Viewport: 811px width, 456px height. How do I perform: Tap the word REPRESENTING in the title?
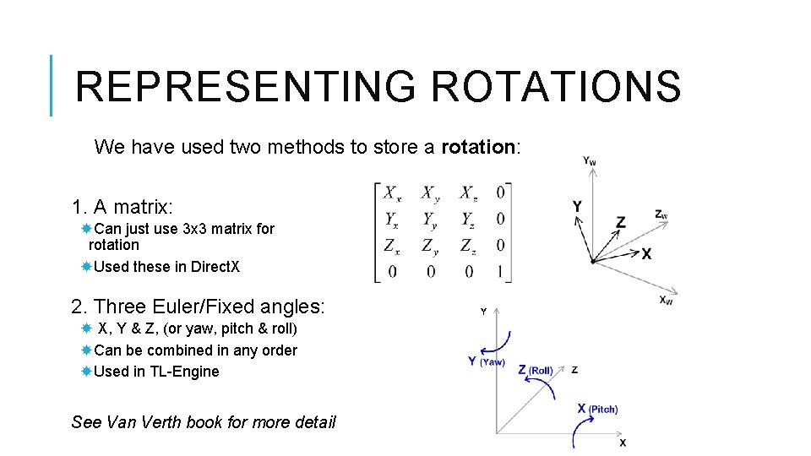pyautogui.click(x=245, y=86)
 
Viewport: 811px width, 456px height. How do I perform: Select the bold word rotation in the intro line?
pyautogui.click(x=477, y=147)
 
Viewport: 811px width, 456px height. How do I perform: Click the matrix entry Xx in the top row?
pyautogui.click(x=392, y=193)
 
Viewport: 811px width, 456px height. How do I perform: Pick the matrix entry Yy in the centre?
pyautogui.click(x=431, y=220)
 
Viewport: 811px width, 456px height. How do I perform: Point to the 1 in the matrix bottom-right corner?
pyautogui.click(x=501, y=272)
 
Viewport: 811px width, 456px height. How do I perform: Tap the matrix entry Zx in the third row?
pyautogui.click(x=392, y=246)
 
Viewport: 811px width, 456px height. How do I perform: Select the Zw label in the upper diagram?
pyautogui.click(x=661, y=214)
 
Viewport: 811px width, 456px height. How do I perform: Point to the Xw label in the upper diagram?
pyautogui.click(x=667, y=300)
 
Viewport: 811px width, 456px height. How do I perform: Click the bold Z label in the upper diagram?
pyautogui.click(x=621, y=222)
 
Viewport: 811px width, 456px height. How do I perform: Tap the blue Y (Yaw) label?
pyautogui.click(x=486, y=361)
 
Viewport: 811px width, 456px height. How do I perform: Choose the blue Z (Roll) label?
pyautogui.click(x=535, y=370)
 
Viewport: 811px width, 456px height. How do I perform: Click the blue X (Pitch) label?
pyautogui.click(x=596, y=409)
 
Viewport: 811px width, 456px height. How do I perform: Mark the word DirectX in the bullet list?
pyautogui.click(x=215, y=267)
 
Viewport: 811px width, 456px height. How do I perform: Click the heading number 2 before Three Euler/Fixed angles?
pyautogui.click(x=78, y=306)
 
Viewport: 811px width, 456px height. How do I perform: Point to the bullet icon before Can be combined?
pyautogui.click(x=86, y=350)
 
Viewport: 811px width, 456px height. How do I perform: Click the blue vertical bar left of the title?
pyautogui.click(x=52, y=85)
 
